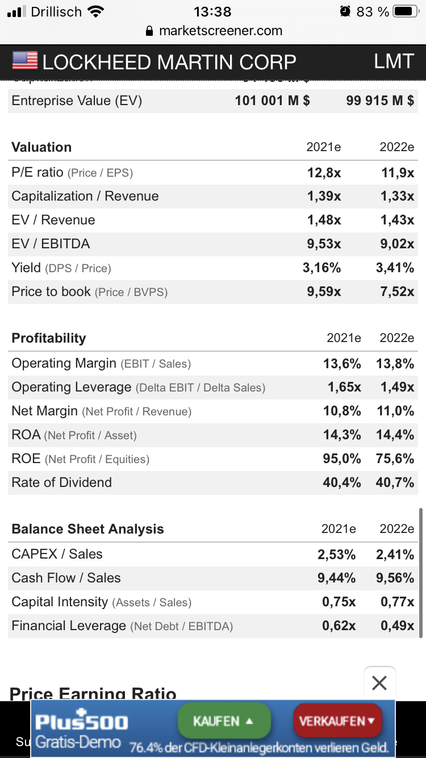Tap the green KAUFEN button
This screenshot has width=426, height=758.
[224, 720]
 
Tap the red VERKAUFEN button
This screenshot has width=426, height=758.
[337, 720]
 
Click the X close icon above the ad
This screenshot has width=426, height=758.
[379, 682]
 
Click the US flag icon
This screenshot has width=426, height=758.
[24, 61]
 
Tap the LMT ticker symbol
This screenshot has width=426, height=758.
[393, 61]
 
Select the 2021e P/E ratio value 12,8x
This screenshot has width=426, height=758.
[324, 173]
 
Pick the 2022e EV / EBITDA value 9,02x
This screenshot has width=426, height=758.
[398, 244]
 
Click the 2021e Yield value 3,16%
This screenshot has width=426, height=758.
[321, 268]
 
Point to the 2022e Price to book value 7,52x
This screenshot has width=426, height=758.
[398, 292]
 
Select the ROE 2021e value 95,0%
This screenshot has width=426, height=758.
[342, 459]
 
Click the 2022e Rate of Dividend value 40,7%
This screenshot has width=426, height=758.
[395, 483]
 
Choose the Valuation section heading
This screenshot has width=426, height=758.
[41, 147]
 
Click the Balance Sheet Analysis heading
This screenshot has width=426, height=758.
[87, 529]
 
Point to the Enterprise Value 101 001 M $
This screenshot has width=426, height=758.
[272, 101]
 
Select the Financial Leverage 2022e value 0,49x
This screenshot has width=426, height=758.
[398, 626]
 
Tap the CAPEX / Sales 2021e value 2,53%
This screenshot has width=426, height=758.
[337, 555]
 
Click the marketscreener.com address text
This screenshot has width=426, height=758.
[220, 31]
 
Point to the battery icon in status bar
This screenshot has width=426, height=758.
[405, 11]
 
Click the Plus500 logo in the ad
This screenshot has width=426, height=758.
[82, 722]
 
